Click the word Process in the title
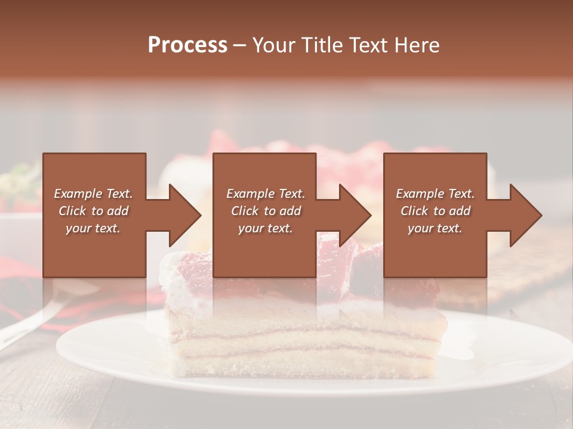point(187,45)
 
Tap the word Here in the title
point(416,45)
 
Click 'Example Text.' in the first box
point(93,194)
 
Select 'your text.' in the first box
point(93,228)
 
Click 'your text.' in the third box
point(435,228)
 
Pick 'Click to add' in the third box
point(435,211)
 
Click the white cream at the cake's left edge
point(173,286)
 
